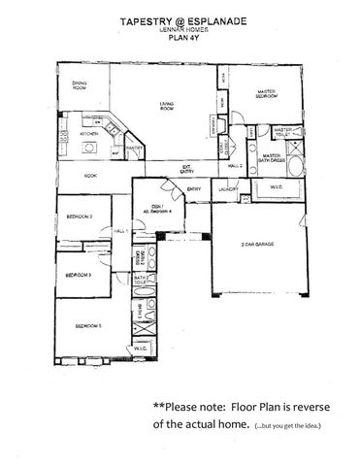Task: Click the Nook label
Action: click(x=89, y=176)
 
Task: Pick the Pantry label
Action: click(x=134, y=149)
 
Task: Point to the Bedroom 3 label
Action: click(x=79, y=276)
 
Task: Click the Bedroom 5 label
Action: click(x=87, y=326)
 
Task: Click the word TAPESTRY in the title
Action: click(x=147, y=18)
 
